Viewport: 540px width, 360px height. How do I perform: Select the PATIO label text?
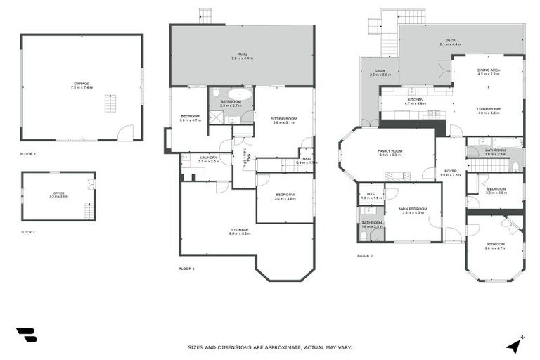pos(242,54)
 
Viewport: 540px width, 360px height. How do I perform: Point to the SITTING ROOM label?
pos(283,119)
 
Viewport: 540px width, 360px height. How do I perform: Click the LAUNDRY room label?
pos(209,157)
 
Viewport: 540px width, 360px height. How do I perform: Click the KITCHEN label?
pos(416,100)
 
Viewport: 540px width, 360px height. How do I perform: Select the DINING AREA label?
pos(488,70)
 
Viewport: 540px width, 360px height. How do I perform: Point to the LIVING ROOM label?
pos(488,109)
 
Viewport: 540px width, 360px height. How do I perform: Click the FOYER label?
pos(450,172)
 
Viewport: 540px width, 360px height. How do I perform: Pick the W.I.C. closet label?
pos(368,195)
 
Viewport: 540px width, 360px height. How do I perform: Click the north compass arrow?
pos(515,345)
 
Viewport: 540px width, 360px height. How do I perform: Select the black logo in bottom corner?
pos(27,335)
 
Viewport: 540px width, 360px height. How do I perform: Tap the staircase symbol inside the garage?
pos(110,103)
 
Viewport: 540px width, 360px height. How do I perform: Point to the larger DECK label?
pos(450,41)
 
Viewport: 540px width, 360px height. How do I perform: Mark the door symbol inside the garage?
pos(125,132)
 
